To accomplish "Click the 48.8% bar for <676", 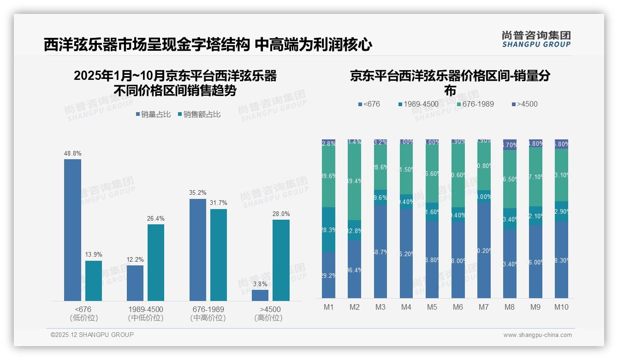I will coord(72,230).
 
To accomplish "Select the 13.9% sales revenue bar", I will coord(94,281).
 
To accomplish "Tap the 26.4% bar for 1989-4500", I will coord(156,262).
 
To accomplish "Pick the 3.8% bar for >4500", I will coord(260,295).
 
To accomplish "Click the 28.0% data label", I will coord(281,214).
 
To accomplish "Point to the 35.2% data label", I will coord(198,193).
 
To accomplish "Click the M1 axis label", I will coord(328,307).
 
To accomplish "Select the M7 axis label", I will coord(484,307).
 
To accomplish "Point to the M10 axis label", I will coord(561,307).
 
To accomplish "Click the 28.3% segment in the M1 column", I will coord(328,229).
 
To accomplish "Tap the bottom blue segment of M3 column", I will coord(380,251).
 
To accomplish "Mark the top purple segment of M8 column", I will coord(510,144).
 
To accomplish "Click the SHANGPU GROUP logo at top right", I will coord(536,39).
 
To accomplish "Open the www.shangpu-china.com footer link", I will coord(537,335).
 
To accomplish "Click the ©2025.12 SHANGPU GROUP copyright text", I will coord(92,335).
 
